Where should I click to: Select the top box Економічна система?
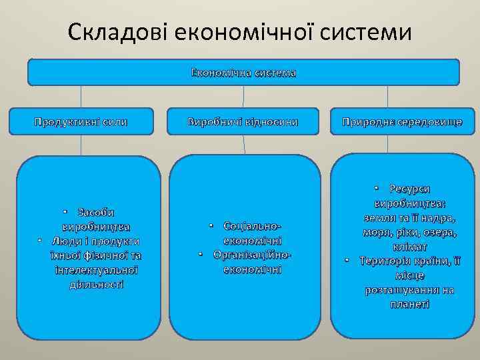243,73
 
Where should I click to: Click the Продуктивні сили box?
81,122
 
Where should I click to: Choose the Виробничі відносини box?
243,122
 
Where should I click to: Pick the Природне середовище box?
402,122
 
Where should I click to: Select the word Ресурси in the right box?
409,189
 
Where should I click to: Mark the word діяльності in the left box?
96,284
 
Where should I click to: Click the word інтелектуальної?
96,270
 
